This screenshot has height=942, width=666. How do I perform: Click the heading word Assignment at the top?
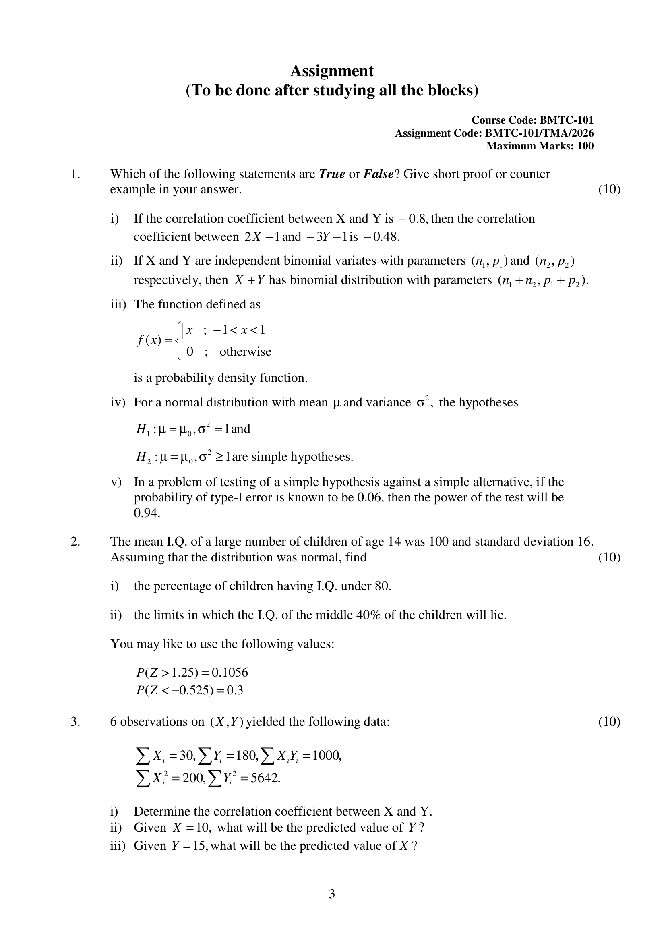point(332,71)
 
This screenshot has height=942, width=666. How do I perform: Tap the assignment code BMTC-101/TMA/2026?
point(539,133)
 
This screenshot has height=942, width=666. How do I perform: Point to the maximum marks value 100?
point(585,146)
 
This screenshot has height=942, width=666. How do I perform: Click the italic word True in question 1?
point(332,174)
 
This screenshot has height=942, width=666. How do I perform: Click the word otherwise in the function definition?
point(245,352)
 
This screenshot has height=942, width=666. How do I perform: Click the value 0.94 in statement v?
point(147,513)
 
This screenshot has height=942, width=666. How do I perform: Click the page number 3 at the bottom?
point(332,894)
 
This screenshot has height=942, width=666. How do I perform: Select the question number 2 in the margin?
point(75,542)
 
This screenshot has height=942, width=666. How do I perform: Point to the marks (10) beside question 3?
point(609,721)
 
